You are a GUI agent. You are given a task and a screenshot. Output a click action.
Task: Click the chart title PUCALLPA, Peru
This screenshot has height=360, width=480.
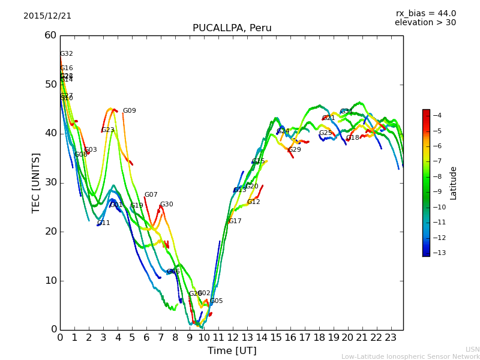click(232, 28)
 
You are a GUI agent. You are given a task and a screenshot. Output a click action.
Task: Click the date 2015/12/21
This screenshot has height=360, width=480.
click(47, 16)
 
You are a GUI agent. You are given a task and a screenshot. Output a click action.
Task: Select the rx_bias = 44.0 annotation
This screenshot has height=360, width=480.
click(426, 14)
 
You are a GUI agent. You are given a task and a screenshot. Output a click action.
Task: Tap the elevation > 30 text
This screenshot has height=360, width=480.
click(425, 23)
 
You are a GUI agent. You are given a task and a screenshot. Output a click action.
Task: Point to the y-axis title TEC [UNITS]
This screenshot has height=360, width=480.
click(37, 182)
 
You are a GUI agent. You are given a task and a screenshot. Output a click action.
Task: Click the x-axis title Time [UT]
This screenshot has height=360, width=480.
click(232, 351)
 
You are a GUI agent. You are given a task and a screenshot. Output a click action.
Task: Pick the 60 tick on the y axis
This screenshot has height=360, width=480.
click(50, 35)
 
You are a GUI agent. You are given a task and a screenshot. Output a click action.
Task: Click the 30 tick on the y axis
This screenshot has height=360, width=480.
click(50, 182)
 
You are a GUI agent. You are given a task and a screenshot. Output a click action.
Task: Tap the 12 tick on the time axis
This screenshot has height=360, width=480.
click(233, 338)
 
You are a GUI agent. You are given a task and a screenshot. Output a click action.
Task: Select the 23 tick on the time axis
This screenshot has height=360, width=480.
click(391, 338)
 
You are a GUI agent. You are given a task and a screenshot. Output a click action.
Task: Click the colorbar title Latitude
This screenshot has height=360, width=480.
click(454, 183)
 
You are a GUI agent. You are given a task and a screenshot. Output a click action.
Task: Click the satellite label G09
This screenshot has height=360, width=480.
click(129, 111)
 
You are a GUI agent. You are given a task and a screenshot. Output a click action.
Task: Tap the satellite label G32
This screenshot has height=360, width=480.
click(66, 54)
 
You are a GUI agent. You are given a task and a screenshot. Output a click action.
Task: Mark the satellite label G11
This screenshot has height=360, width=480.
click(103, 223)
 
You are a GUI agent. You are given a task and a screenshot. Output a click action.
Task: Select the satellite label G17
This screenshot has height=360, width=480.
click(235, 221)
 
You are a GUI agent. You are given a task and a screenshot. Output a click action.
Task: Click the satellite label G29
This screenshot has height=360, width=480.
click(295, 150)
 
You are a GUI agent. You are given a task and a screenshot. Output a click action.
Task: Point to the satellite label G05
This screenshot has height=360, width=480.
click(216, 301)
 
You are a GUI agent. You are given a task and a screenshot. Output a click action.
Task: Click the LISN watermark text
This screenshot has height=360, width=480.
click(472, 349)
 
